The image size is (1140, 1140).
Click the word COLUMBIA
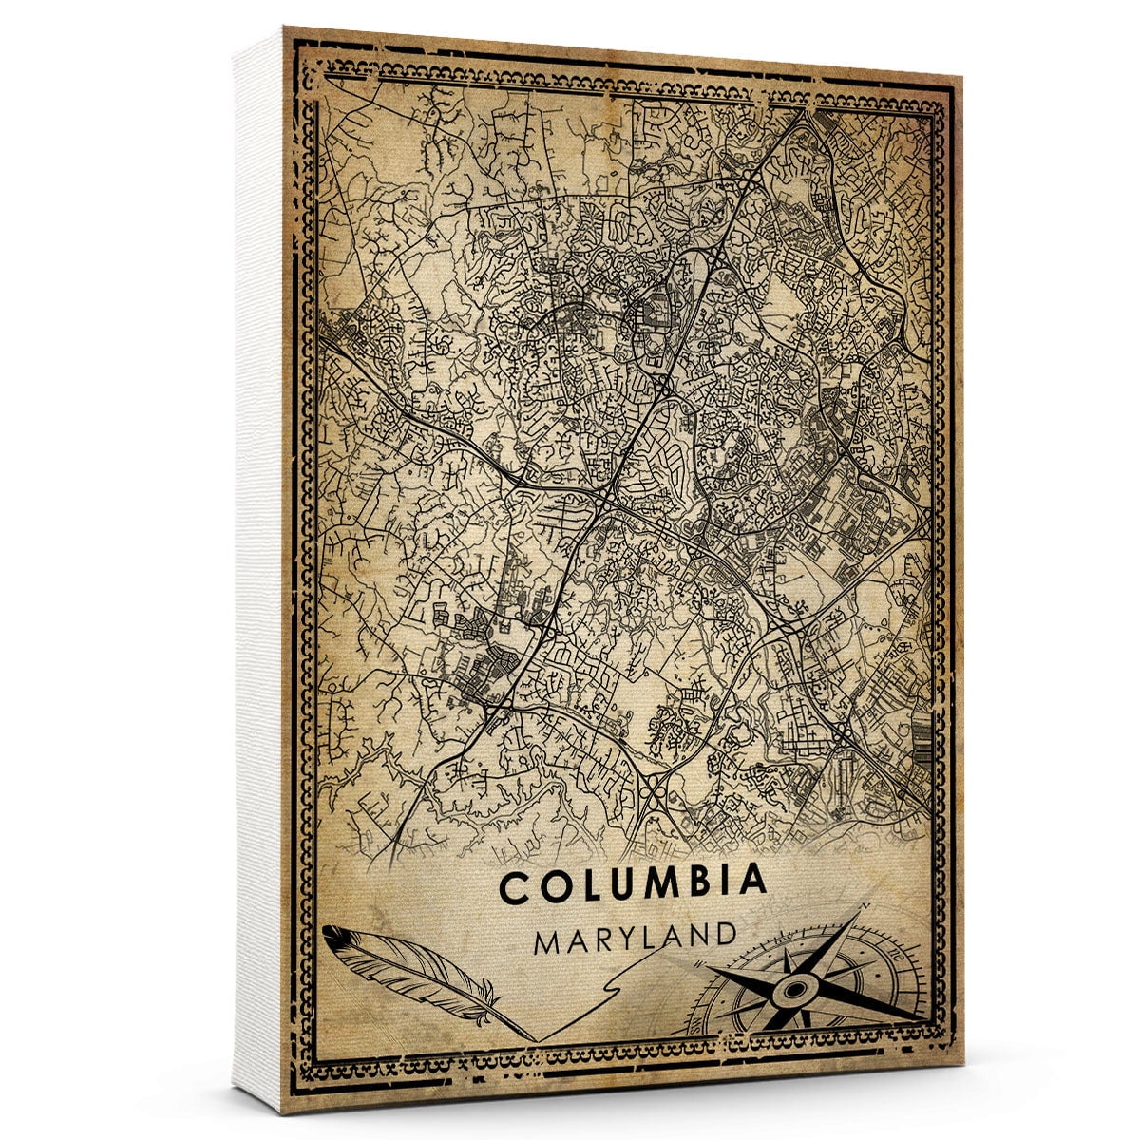pyautogui.click(x=633, y=884)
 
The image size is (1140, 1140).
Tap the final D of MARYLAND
pyautogui.click(x=725, y=935)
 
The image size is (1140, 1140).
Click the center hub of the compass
pyautogui.click(x=792, y=992)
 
